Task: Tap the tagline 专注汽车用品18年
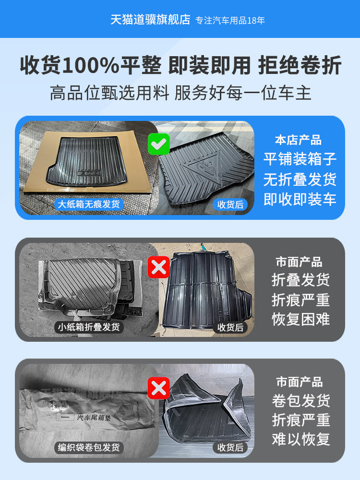[230, 21]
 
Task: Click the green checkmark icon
[158, 143]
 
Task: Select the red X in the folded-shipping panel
[158, 267]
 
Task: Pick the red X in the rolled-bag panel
[158, 387]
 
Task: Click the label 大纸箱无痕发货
[89, 204]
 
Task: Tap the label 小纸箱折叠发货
[89, 327]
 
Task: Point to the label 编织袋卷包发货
[89, 448]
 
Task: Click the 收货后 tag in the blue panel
[230, 204]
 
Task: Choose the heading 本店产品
[298, 141]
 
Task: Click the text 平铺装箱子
[300, 159]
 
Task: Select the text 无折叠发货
[300, 180]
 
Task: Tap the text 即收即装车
[300, 200]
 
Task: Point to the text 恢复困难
[301, 319]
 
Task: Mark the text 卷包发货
[301, 400]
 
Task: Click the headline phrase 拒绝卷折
[300, 66]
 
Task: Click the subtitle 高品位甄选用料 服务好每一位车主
[180, 93]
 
